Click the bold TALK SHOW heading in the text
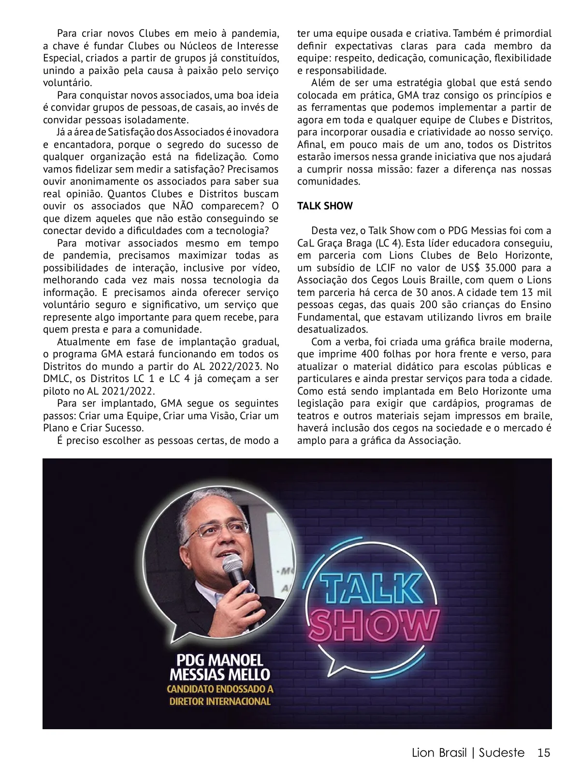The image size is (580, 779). point(325,206)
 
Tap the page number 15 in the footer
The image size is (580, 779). point(544,753)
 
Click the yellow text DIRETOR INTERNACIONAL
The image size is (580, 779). point(220,701)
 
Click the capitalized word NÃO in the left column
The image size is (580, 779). point(183,206)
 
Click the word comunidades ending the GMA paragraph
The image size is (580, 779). point(329,182)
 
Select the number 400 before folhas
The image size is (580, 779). point(370,354)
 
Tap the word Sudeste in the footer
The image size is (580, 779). point(502,753)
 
